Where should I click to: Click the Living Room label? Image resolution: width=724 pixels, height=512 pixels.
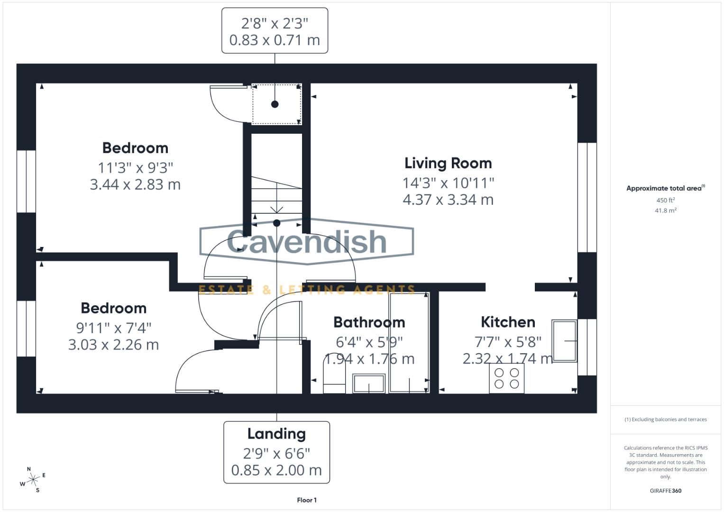pos(448,163)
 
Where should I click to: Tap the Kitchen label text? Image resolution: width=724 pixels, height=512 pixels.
pos(508,322)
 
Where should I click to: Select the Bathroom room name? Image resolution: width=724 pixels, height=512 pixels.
pos(369,322)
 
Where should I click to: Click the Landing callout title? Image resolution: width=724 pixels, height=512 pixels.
pos(276,434)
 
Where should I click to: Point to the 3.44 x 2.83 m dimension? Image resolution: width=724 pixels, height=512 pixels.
pos(135,184)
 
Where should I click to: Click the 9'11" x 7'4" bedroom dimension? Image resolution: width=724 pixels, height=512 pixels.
pos(113,328)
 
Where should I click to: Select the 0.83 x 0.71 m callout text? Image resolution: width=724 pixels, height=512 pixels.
pos(275,40)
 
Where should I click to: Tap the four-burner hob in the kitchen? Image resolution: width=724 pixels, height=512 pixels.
pos(507,378)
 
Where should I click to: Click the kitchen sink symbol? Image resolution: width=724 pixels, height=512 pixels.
pos(564,341)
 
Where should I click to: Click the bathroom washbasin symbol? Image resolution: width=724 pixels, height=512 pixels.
pos(369,383)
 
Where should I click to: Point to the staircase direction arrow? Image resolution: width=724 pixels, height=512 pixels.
pos(276,209)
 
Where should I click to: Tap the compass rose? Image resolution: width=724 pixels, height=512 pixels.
pos(33,480)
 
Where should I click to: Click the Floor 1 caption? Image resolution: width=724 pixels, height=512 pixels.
pos(307,500)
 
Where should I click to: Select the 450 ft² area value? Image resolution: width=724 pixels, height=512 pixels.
pos(665,201)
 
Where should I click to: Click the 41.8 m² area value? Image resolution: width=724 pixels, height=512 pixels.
pos(665,210)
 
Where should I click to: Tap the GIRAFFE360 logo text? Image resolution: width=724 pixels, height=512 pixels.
pos(665,491)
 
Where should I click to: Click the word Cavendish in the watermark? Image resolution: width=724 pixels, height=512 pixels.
pos(307,241)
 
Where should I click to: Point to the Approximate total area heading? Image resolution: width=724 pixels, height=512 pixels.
pos(665,188)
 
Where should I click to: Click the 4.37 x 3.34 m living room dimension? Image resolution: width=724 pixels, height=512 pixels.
pos(448,200)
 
